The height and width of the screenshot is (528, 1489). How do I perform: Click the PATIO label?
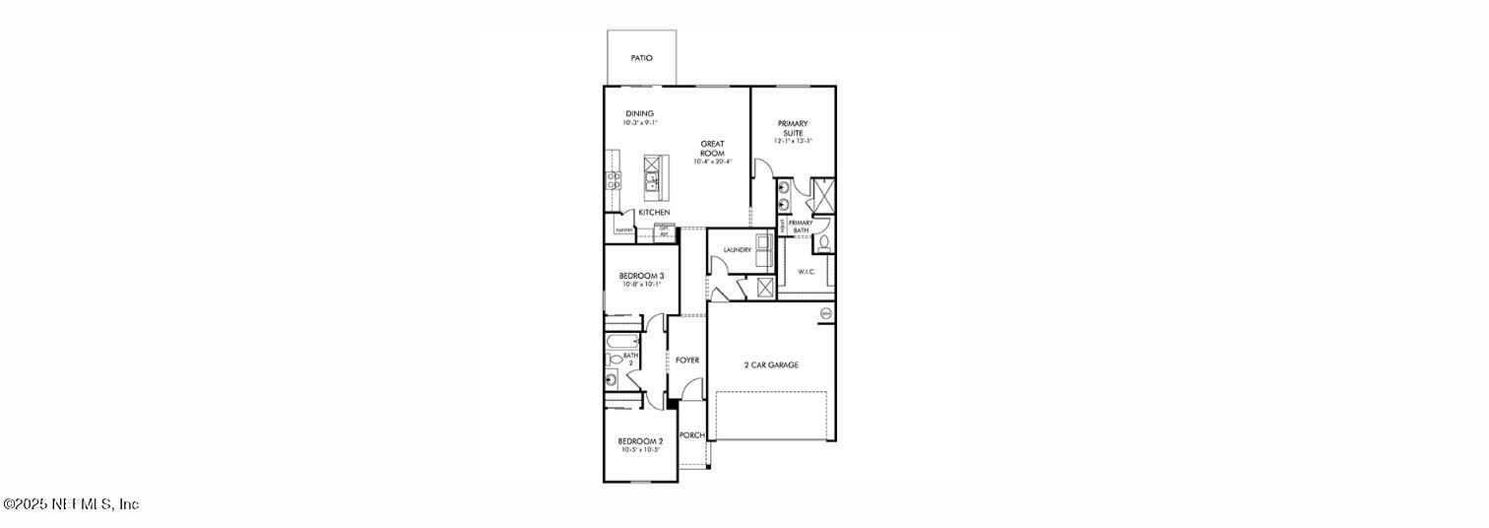pos(641,58)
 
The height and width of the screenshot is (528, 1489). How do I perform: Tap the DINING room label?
pos(639,113)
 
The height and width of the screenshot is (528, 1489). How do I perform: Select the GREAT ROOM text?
pos(712,149)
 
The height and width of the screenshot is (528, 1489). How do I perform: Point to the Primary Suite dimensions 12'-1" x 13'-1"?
pos(793,142)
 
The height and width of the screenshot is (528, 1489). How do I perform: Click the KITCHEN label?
pos(654,213)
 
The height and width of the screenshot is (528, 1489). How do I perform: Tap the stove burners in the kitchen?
pos(612,180)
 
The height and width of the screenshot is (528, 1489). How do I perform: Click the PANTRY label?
pos(623,231)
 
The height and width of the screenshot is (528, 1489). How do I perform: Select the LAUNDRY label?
pos(737,250)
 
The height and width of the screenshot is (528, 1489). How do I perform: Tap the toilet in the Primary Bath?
pos(824,241)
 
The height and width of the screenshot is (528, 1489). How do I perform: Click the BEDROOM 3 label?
pos(641,276)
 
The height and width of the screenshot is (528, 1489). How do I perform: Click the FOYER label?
pos(686,361)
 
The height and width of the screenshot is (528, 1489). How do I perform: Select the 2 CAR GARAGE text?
pos(770,365)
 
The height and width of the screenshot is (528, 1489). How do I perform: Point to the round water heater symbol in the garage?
pos(825,313)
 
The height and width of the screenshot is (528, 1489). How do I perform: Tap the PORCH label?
pos(691,434)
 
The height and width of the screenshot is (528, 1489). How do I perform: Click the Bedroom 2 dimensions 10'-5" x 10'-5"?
pos(640,450)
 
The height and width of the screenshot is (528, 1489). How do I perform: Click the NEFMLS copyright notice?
pos(71,504)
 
